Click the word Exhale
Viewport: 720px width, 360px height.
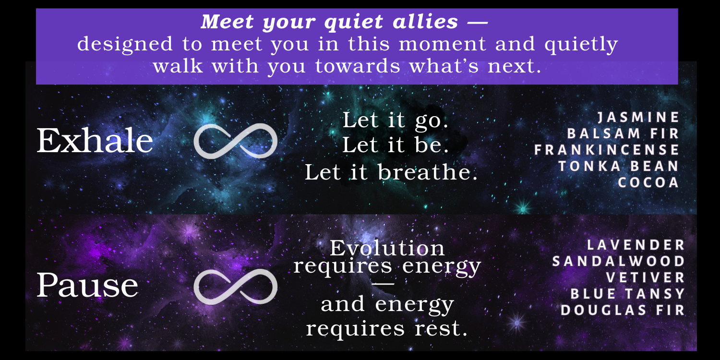point(95,141)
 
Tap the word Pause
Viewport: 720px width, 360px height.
point(87,285)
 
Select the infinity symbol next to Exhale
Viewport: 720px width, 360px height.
point(236,141)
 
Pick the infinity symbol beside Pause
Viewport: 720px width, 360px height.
point(236,287)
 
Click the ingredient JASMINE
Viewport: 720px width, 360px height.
point(638,117)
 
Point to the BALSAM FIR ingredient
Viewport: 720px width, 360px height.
point(623,134)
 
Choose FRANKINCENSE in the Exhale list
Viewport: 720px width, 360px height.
point(607,150)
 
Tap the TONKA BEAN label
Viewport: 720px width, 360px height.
point(619,167)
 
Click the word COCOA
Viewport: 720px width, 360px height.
point(648,183)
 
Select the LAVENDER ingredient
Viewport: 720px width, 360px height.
point(636,245)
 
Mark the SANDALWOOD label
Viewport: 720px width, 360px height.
point(619,261)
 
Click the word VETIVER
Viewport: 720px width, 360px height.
point(646,278)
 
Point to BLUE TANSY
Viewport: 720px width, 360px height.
point(628,294)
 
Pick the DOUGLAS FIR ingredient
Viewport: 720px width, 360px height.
point(623,310)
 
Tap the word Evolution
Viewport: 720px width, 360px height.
point(387,248)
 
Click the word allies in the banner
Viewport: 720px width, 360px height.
point(425,22)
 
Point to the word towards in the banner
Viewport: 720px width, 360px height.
point(358,66)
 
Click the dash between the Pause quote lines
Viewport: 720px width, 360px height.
point(383,284)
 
